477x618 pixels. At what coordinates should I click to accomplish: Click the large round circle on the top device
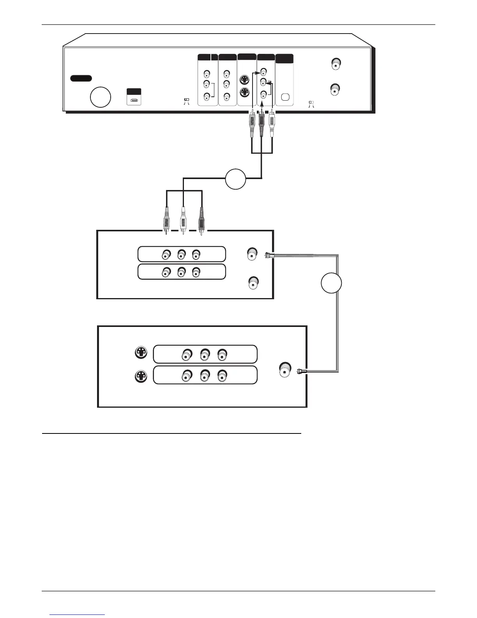point(100,97)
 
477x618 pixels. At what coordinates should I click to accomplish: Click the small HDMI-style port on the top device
point(134,100)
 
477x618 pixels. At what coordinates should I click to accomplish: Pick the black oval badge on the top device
point(81,78)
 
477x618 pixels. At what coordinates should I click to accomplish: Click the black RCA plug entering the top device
point(262,125)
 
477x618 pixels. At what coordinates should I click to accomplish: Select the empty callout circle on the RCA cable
point(235,179)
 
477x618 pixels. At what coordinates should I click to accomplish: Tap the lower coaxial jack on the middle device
point(254,282)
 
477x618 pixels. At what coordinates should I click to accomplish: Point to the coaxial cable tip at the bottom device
point(300,371)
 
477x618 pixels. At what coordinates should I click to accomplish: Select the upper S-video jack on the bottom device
point(141,353)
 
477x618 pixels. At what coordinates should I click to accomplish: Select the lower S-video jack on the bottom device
point(141,376)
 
